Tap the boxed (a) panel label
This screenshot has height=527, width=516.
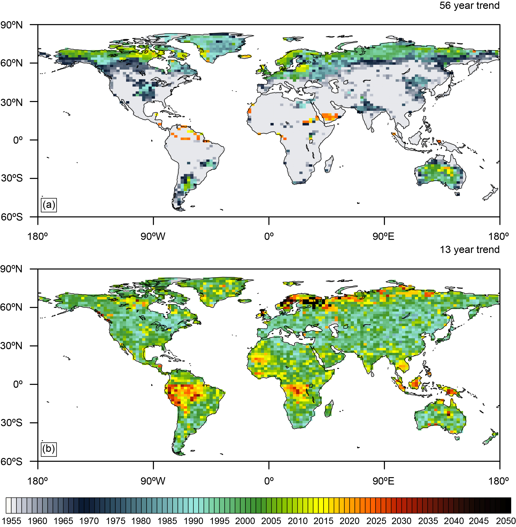point(49,205)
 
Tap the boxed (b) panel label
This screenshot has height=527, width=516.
point(49,449)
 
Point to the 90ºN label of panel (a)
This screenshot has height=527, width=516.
point(11,25)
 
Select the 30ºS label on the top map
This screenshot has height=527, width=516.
point(11,178)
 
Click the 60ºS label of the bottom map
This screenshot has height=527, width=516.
point(11,461)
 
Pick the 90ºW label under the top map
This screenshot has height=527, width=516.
point(153,237)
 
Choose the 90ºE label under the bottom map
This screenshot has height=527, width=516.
point(383,481)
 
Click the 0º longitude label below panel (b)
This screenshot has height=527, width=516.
point(269,481)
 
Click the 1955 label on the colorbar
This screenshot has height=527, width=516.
point(11,521)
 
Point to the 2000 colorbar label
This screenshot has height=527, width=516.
point(245,521)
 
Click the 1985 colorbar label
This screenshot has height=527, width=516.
point(167,521)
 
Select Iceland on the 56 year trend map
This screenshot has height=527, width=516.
point(245,57)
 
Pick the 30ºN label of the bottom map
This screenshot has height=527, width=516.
point(11,346)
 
